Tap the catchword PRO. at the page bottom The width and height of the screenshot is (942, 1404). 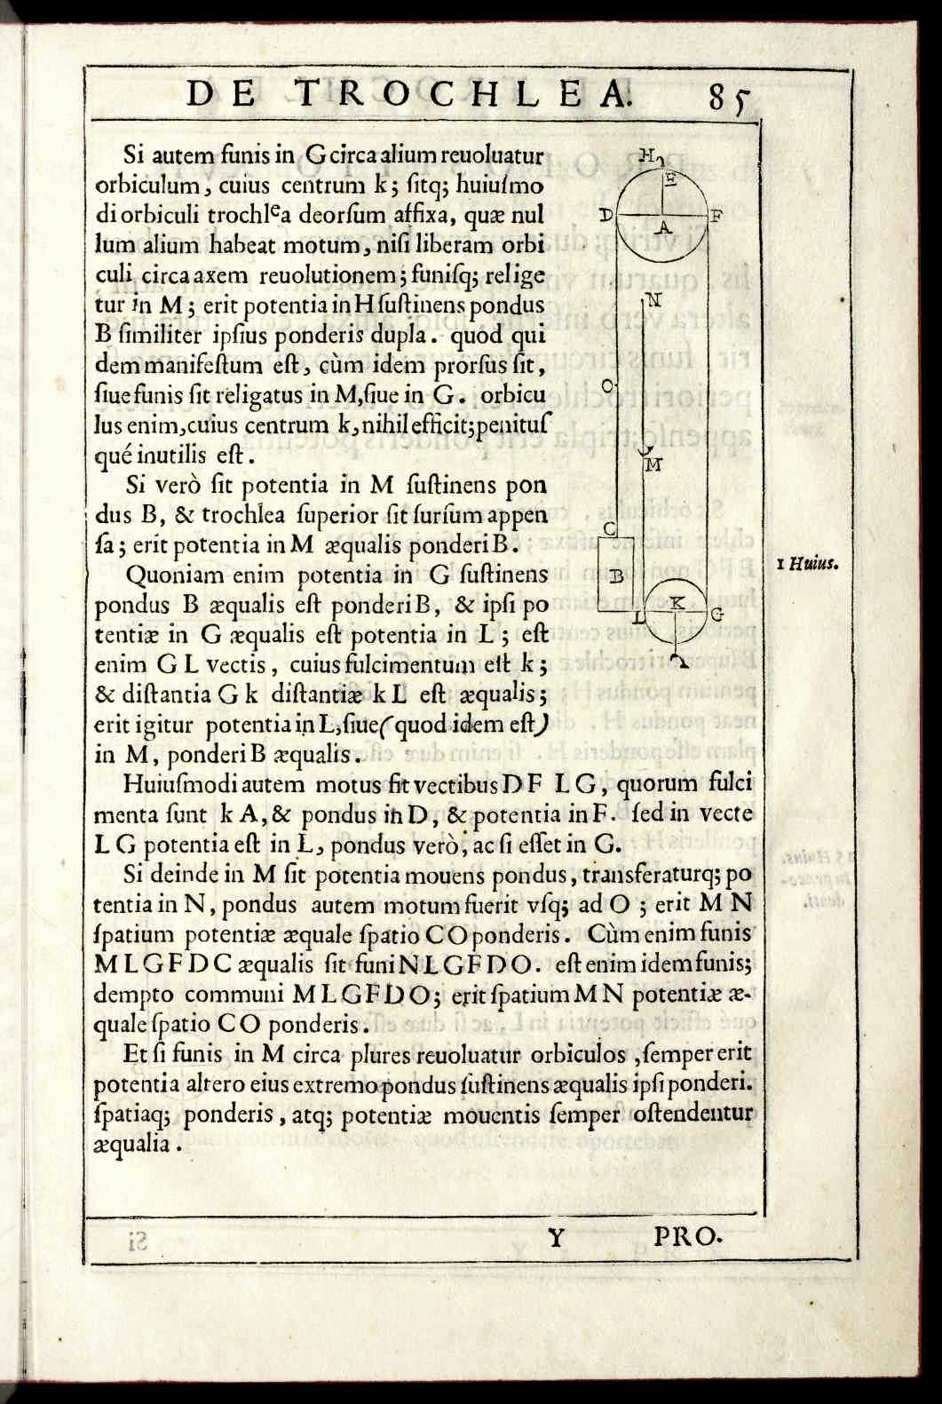tap(689, 1235)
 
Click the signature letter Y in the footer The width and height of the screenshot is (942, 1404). tap(556, 1236)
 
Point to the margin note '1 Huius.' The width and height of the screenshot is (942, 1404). tap(809, 563)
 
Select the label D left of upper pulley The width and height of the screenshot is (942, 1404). tap(606, 215)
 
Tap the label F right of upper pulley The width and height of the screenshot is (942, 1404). tap(716, 215)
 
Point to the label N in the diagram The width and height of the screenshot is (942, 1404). tap(654, 299)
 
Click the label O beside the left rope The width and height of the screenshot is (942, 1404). tap(608, 385)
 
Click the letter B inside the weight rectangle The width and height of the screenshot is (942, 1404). tap(621, 576)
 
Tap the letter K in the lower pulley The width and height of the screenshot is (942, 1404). tap(676, 601)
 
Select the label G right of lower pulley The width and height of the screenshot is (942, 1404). tap(717, 614)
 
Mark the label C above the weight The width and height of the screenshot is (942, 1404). tap(610, 529)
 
